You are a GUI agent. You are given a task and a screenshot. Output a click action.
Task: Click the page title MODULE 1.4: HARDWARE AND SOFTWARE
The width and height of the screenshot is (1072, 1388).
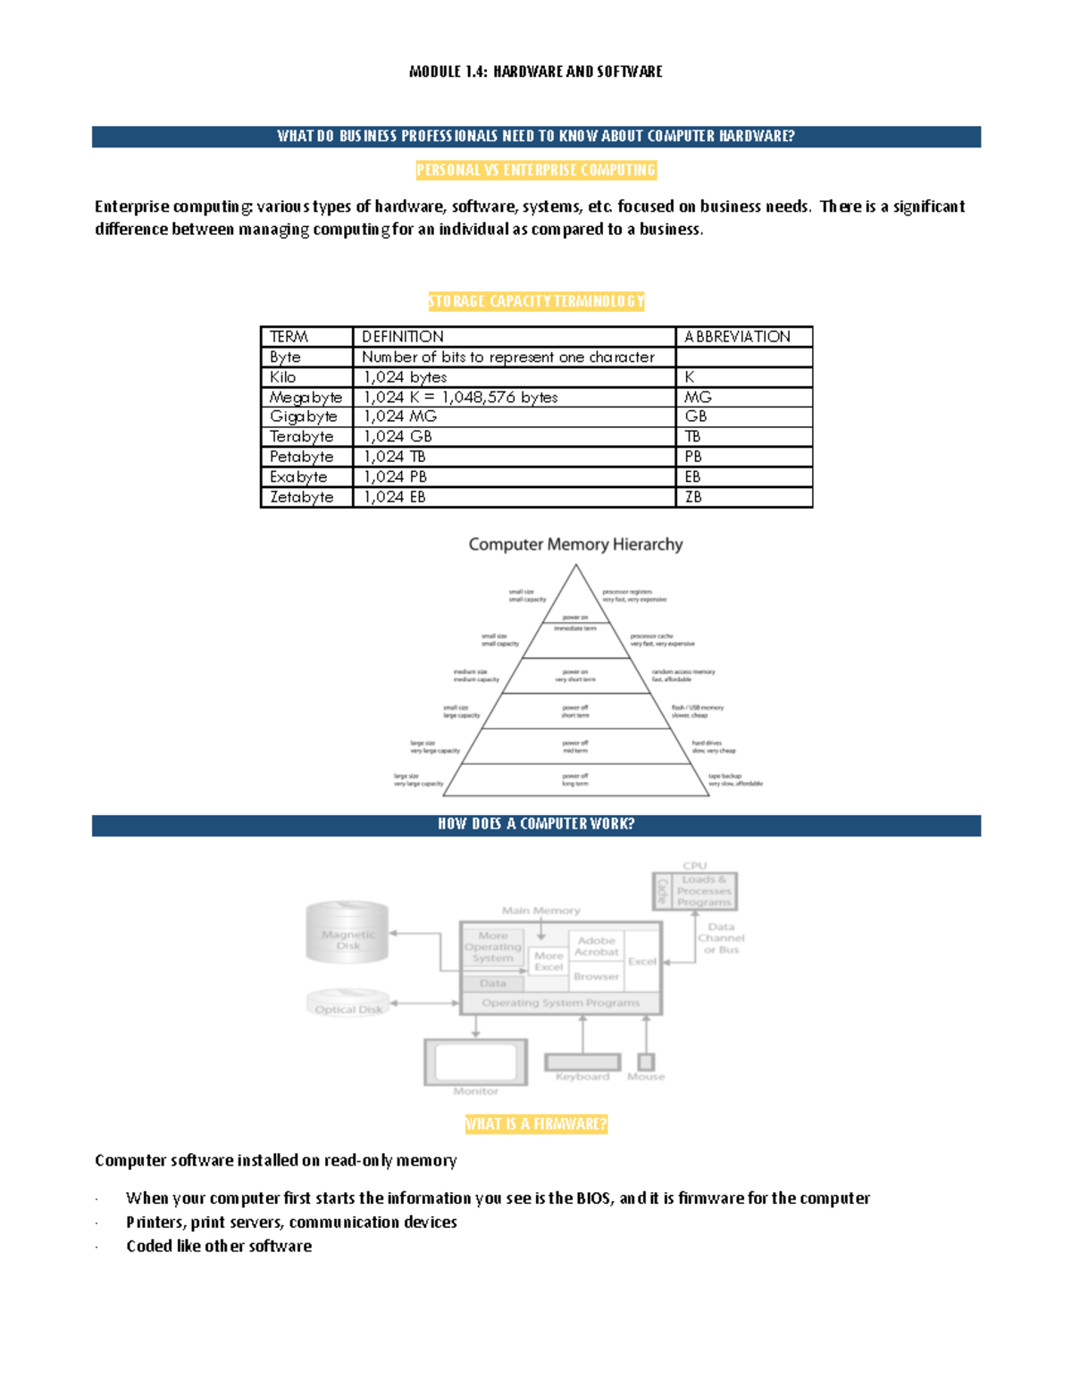coord(535,72)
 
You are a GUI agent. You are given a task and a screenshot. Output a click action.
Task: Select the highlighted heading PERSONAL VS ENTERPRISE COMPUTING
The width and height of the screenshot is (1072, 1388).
coord(536,170)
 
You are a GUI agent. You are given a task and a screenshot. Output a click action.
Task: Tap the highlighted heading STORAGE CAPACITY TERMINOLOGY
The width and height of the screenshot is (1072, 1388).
coord(536,301)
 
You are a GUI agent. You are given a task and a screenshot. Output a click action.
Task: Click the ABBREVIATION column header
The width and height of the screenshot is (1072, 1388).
coord(737,337)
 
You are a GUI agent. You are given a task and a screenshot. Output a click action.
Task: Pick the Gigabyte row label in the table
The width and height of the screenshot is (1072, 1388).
coord(304,416)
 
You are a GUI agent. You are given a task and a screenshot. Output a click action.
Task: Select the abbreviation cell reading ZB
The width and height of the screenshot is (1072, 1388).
coord(693,497)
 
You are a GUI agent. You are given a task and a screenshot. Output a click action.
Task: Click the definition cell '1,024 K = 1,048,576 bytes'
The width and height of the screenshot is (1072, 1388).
coord(460,397)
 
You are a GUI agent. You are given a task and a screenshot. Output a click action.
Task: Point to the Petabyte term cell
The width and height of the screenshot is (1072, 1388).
coord(302,457)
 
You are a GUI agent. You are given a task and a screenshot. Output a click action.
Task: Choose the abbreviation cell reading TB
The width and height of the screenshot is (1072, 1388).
coord(692,436)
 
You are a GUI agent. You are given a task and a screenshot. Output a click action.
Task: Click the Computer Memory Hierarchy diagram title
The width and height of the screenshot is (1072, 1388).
coord(575,544)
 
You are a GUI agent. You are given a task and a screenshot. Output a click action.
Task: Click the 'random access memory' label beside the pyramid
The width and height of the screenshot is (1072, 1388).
coord(683,671)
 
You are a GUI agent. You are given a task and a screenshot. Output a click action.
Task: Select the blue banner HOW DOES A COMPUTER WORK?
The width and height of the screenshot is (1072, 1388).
coord(536,824)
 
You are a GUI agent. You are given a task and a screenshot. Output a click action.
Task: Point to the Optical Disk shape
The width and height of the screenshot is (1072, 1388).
coord(348,1003)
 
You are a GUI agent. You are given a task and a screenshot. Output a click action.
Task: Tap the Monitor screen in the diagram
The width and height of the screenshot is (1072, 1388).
coord(475,1062)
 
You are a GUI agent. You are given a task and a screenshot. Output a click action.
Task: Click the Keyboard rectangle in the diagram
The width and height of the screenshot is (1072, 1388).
coord(582,1062)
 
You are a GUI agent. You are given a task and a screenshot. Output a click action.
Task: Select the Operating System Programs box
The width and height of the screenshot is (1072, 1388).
coord(561,1003)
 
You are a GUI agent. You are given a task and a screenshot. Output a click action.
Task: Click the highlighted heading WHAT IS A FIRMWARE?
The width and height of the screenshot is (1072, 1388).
coord(536,1124)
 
